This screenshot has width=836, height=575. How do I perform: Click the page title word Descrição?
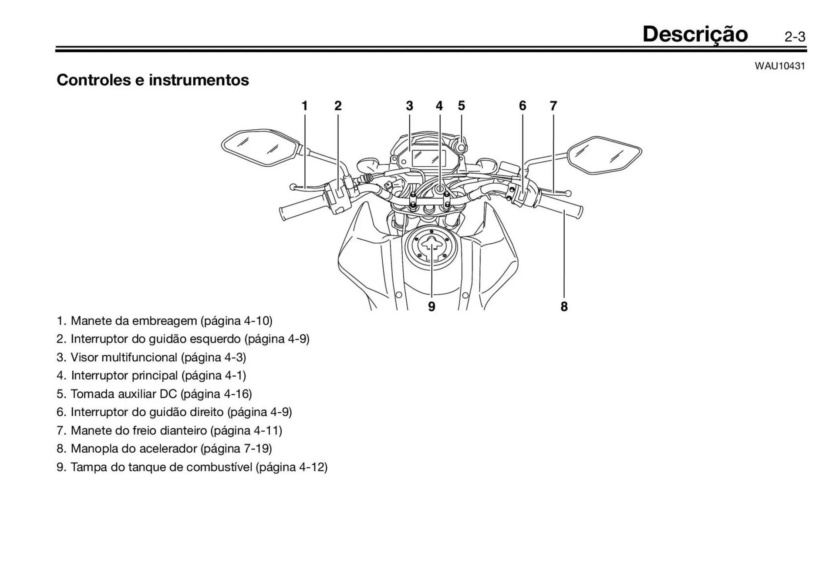click(695, 34)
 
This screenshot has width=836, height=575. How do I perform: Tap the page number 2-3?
click(795, 37)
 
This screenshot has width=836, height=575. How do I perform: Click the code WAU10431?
click(780, 66)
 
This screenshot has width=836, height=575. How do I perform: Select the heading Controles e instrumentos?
click(153, 80)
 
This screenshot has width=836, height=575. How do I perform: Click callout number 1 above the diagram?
click(305, 106)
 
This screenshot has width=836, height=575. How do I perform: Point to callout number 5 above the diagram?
click(462, 106)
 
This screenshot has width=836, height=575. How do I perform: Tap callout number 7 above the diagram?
click(553, 106)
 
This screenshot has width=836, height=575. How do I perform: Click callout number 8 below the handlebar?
click(564, 306)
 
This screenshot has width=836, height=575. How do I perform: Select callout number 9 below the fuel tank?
click(431, 306)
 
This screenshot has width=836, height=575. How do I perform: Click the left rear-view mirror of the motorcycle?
click(260, 147)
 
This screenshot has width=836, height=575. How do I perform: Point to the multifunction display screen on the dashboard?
click(429, 158)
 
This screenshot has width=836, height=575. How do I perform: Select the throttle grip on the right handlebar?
click(562, 208)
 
